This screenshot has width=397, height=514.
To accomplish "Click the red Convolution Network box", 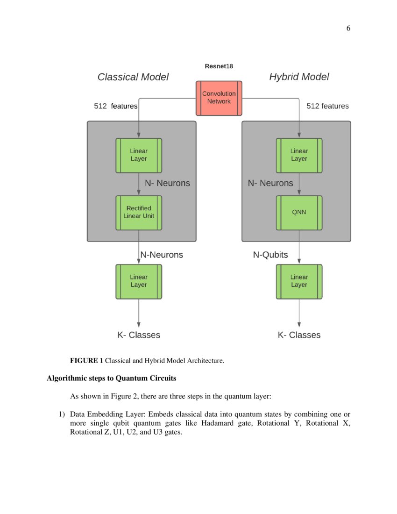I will [x=219, y=98].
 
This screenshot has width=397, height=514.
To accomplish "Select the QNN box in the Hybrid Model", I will [x=299, y=213].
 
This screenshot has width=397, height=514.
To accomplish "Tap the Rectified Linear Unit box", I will [x=139, y=213].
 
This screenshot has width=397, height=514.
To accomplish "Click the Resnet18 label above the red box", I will [x=219, y=66].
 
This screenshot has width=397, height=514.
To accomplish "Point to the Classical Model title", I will [x=133, y=77].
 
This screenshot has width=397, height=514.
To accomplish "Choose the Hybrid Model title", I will [x=299, y=77].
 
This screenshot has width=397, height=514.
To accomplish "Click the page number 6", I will [x=348, y=29].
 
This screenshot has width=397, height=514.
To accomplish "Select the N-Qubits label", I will [x=270, y=255].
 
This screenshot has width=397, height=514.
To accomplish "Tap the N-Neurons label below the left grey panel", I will [x=162, y=255].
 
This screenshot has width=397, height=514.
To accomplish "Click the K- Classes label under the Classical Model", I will [x=138, y=335].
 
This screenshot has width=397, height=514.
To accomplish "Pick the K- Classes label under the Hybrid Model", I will [x=299, y=335].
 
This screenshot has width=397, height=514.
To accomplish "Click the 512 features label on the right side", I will [x=327, y=106].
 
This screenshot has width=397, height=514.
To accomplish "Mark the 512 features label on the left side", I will [x=116, y=106].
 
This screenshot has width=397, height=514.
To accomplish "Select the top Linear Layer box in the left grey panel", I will [x=139, y=155].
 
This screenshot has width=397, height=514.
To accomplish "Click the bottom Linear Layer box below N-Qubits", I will [x=299, y=281].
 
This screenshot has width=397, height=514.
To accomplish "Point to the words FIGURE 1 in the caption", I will [x=86, y=360].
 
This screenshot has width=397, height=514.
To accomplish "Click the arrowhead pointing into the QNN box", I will [x=299, y=193].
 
